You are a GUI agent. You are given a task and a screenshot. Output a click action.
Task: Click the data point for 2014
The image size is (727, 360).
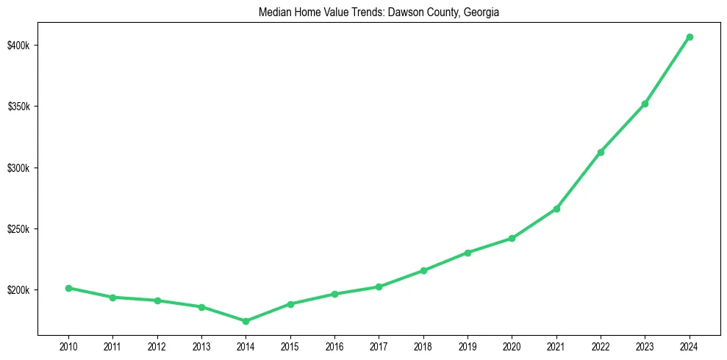point(246,321)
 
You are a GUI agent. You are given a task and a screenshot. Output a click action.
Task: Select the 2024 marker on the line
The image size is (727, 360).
point(690,37)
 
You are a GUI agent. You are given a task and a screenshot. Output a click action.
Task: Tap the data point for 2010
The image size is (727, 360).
point(68,288)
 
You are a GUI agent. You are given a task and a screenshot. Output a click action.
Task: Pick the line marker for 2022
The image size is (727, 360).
point(601,152)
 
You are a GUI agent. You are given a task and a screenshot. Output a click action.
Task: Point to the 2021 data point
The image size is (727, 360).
point(556,209)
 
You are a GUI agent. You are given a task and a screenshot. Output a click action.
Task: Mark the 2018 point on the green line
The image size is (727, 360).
point(423,270)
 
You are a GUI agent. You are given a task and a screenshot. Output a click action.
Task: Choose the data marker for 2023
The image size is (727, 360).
point(645,104)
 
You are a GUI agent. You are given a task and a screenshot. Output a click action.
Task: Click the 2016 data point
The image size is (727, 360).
point(334,294)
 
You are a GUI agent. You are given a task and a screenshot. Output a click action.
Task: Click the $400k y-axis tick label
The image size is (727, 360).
point(19,46)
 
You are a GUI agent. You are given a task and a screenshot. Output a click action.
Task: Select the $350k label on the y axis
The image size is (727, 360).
point(19,107)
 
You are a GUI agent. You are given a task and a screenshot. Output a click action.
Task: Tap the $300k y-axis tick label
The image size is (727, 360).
point(19,168)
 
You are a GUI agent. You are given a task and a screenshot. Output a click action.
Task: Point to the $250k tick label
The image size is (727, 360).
point(19,229)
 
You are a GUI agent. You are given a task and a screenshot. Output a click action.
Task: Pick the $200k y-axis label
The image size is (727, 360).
point(19,290)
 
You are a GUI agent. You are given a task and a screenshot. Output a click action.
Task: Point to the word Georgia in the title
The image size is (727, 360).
point(481,12)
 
